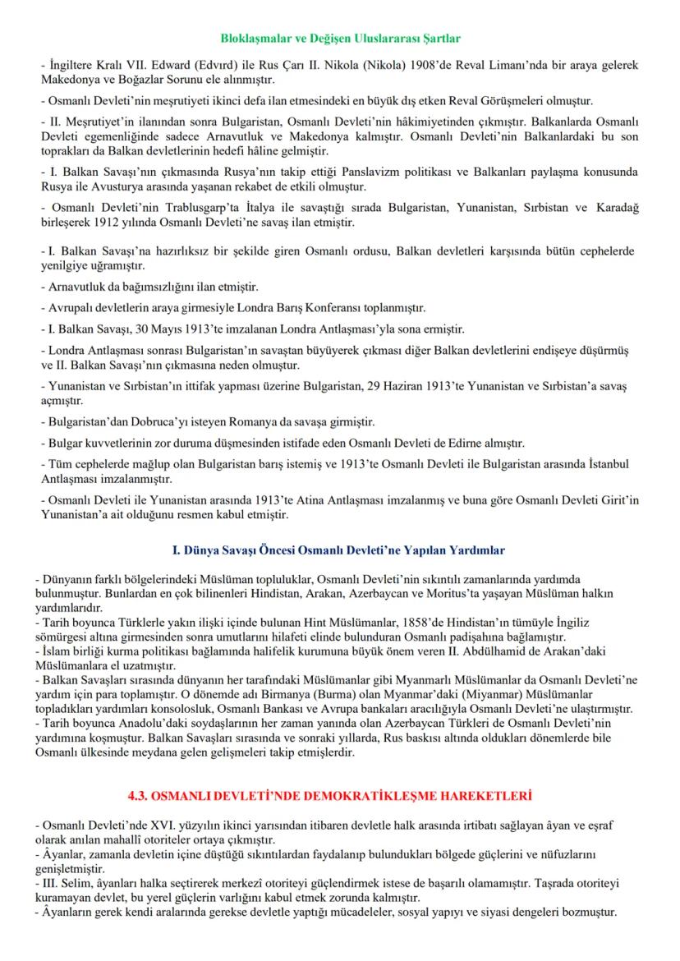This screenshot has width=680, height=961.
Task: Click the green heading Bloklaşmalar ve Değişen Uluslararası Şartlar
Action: [x=341, y=39]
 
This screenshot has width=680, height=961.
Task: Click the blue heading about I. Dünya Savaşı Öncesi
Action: [x=340, y=549]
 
